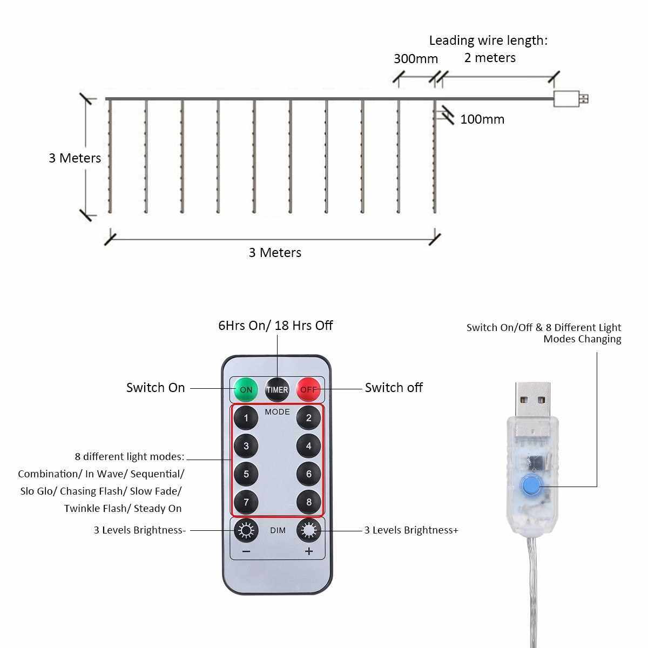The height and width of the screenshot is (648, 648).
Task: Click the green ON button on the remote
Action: [x=246, y=389]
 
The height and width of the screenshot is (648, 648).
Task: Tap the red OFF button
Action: [x=308, y=389]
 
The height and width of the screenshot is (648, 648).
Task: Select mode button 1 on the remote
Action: [x=246, y=418]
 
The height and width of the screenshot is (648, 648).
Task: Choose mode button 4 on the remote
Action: [x=308, y=446]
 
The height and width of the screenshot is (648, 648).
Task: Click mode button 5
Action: [x=246, y=474]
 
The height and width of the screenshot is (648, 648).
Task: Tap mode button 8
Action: [x=308, y=502]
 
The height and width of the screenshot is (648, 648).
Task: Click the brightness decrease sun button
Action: [x=246, y=531]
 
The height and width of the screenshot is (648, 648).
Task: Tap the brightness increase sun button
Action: [x=308, y=531]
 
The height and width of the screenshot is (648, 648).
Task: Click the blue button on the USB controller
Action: [x=531, y=485]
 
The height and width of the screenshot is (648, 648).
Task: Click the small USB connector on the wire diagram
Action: [x=570, y=99]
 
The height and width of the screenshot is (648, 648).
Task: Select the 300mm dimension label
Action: [x=415, y=58]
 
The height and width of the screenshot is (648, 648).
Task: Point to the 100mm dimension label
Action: [x=482, y=119]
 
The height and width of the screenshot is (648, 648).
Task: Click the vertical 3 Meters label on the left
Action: [x=75, y=158]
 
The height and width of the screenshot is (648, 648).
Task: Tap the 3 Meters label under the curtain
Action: [x=275, y=253]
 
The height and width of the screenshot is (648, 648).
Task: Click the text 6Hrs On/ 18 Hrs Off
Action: [x=275, y=326]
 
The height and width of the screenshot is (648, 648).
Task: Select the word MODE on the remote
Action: [x=277, y=412]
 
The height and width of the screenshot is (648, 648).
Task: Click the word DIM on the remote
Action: [x=278, y=531]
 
